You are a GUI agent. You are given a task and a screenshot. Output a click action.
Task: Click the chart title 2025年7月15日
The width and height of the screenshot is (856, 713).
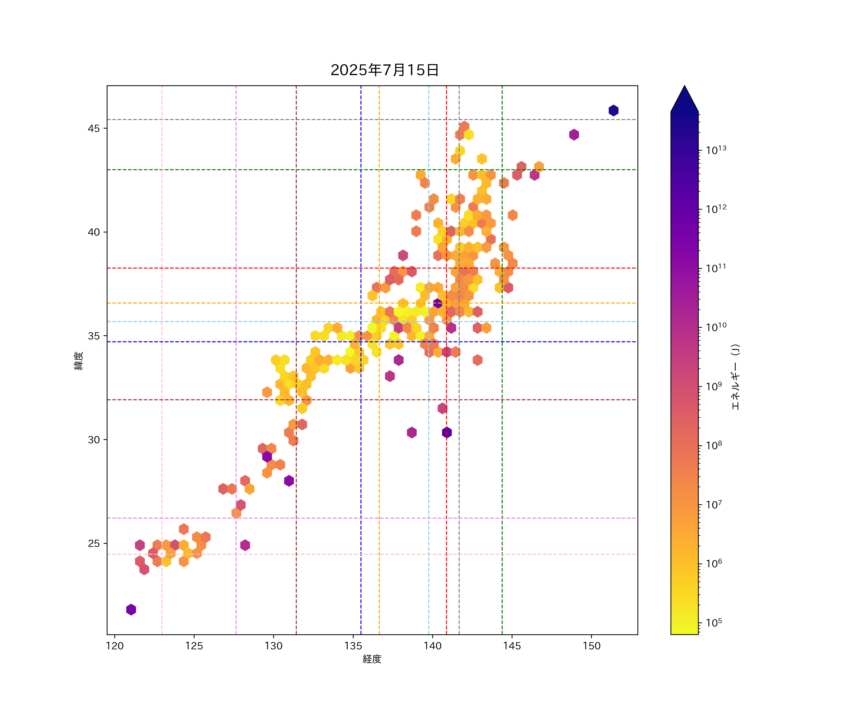(x=384, y=70)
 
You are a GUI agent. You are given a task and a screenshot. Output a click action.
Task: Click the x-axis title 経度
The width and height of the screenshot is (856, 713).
(x=372, y=659)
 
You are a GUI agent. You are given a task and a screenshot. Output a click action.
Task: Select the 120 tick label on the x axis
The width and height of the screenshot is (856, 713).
(x=115, y=646)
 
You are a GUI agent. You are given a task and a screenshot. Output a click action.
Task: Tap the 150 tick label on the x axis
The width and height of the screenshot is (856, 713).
(x=591, y=646)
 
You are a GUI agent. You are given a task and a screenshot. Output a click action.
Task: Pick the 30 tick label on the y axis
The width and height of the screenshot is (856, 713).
(x=94, y=440)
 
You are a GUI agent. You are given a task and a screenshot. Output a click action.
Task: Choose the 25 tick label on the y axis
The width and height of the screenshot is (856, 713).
(x=94, y=544)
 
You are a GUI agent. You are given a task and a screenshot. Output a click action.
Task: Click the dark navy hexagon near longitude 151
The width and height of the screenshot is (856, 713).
(x=613, y=111)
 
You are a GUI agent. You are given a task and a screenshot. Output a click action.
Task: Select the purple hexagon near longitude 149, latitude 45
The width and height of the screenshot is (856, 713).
(x=574, y=135)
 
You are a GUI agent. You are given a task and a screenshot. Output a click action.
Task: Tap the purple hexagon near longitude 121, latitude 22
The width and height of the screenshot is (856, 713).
(x=131, y=610)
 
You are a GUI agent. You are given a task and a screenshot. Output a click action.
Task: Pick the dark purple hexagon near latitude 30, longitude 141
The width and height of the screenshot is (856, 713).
(x=447, y=432)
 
